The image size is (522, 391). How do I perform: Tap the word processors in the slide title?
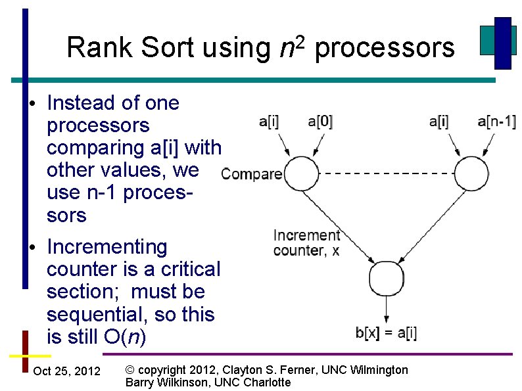click(x=385, y=47)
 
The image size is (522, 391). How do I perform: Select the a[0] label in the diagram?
click(x=320, y=122)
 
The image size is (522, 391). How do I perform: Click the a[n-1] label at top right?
click(x=496, y=122)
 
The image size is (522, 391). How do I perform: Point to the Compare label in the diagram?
click(x=252, y=174)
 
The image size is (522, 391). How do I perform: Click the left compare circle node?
click(x=300, y=173)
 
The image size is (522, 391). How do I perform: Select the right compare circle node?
click(x=472, y=173)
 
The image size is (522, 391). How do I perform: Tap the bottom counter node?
click(x=386, y=279)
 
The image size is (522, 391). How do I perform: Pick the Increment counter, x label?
click(x=306, y=242)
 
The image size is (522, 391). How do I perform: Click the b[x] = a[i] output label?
click(x=386, y=333)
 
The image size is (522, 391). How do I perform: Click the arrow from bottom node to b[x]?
click(x=386, y=310)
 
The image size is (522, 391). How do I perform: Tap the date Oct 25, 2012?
click(x=66, y=371)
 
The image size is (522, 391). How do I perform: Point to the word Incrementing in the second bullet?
click(x=107, y=247)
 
